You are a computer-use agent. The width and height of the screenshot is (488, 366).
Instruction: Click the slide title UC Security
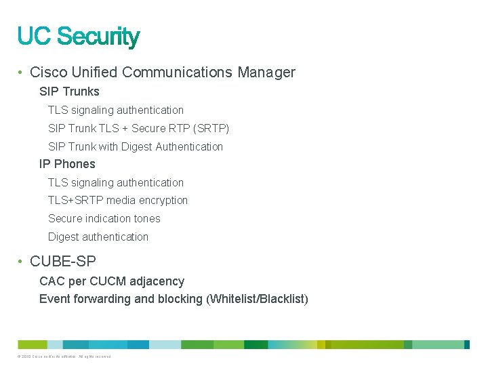click(79, 36)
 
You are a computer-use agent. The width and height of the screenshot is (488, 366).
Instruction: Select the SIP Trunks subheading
click(69, 91)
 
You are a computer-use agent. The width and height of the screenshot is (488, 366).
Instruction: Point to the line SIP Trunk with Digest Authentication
click(136, 146)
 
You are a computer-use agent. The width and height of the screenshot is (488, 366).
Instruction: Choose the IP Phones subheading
click(67, 164)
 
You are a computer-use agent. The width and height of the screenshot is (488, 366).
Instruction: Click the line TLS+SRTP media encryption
click(118, 200)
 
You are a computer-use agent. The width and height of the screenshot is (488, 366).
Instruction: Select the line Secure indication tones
click(104, 218)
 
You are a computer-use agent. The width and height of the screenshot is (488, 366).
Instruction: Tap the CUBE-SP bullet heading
click(63, 260)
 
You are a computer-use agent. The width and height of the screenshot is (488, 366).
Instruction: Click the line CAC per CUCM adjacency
click(112, 281)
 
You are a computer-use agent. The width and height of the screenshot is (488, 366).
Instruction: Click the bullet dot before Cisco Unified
click(22, 73)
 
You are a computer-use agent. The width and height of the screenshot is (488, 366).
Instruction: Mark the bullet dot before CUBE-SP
click(22, 261)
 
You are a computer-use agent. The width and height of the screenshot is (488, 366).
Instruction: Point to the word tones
click(147, 218)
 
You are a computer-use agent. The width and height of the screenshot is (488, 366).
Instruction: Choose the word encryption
click(163, 200)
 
